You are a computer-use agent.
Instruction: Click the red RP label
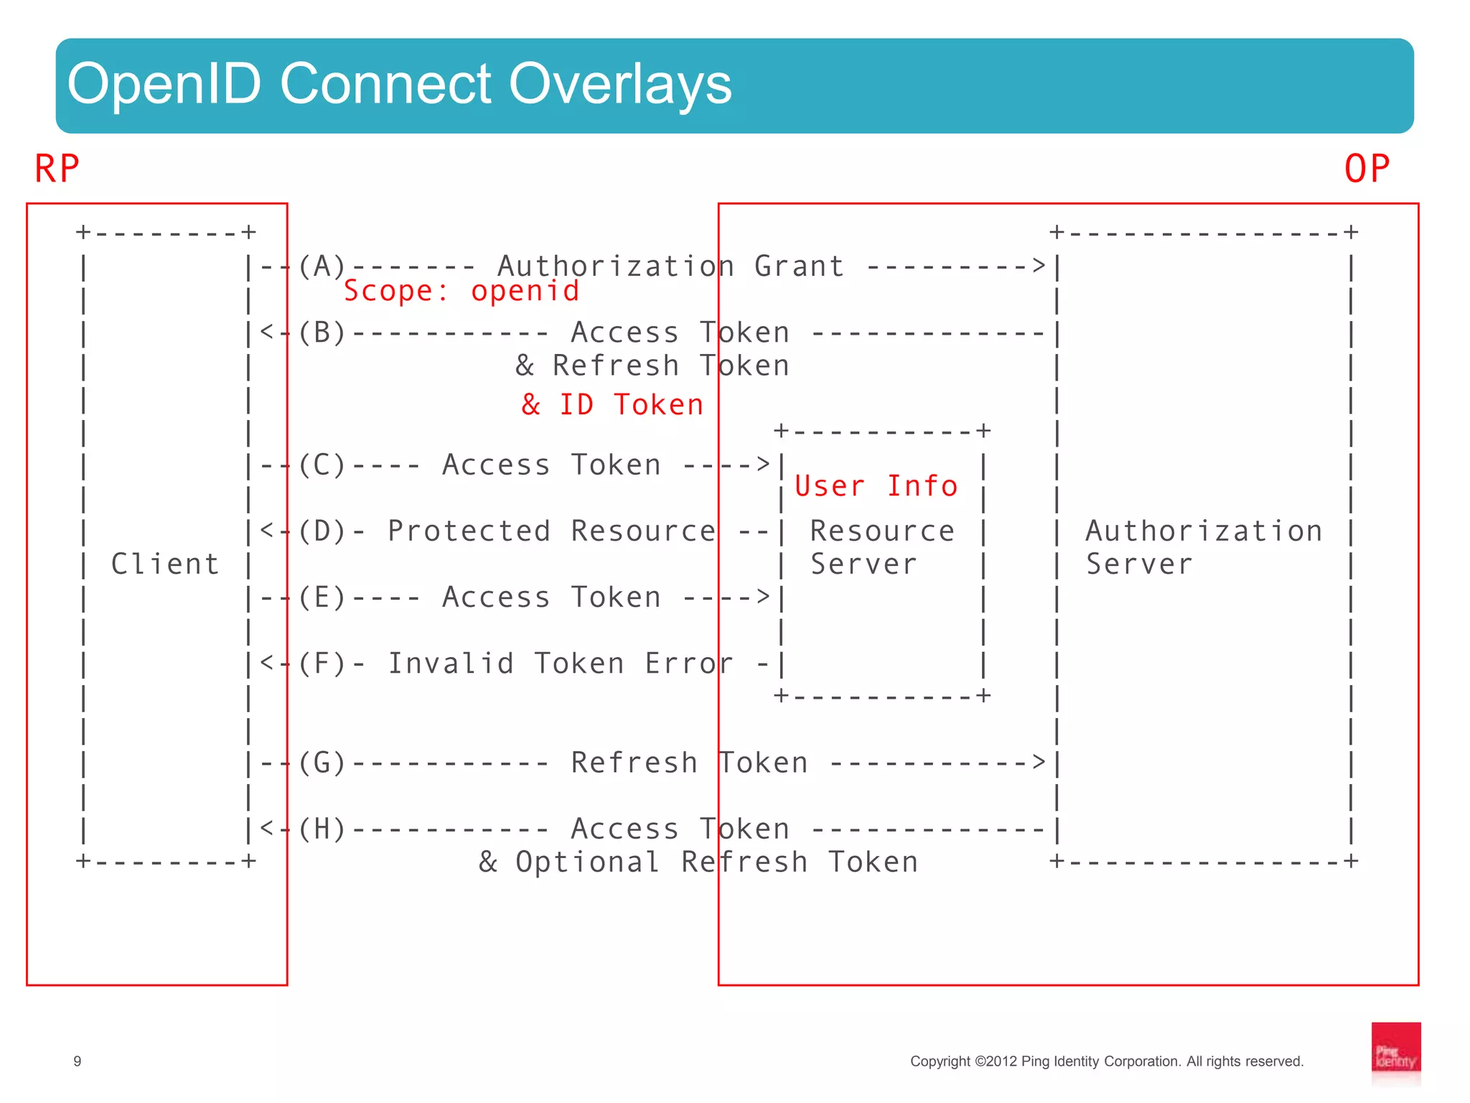coord(57,169)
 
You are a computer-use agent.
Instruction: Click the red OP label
coord(1366,169)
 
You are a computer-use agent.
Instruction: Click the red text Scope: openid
coord(461,291)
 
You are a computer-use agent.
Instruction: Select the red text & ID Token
coord(612,404)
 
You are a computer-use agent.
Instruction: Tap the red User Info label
coord(876,486)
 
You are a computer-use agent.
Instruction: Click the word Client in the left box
coord(165,564)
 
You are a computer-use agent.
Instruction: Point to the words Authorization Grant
coord(670,266)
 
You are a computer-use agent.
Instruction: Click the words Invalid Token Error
coord(560,663)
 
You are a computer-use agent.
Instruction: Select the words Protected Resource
coord(551,531)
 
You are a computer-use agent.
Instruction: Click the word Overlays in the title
coord(620,84)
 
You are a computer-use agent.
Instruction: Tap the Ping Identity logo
coord(1395,1053)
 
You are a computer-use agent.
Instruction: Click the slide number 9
coord(78,1061)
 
